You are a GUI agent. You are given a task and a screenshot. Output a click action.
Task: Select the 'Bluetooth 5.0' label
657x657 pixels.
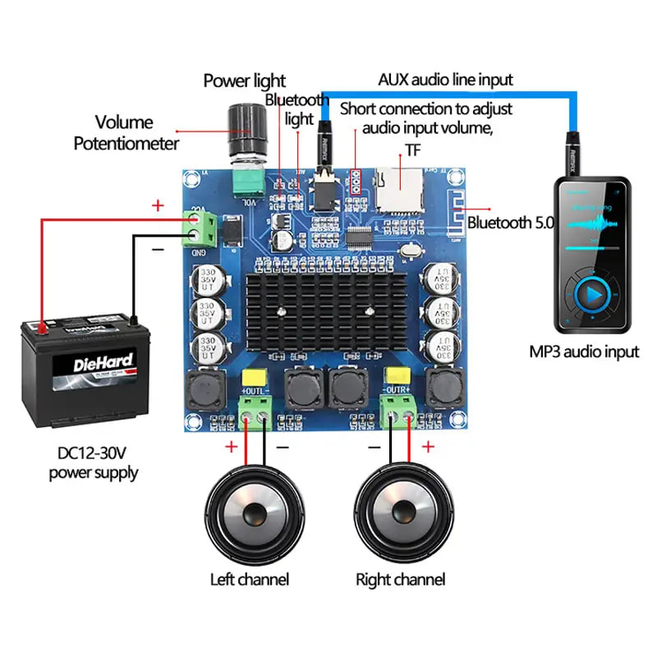[511, 223]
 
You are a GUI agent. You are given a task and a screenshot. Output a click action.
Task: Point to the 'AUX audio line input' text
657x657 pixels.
[445, 80]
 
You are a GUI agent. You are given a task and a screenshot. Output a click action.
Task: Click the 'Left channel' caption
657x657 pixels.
[250, 579]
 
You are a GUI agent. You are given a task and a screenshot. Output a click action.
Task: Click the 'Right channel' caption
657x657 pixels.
[400, 579]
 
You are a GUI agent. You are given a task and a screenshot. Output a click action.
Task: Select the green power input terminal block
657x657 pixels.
[201, 227]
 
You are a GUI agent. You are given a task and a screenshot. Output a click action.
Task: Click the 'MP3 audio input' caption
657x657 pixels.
[584, 352]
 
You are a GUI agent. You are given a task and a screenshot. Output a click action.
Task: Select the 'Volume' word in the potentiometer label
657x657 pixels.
[124, 122]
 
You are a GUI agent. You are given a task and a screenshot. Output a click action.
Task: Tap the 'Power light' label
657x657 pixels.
[244, 80]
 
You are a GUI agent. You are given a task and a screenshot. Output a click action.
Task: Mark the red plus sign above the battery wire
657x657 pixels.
[158, 205]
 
